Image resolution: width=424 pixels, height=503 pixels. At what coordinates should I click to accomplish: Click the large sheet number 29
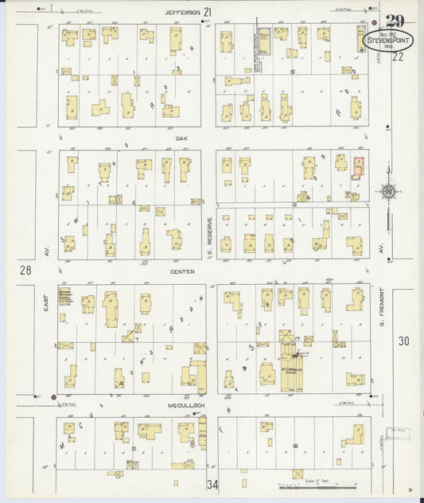394,21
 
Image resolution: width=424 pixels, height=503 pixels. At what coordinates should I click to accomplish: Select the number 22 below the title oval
398,57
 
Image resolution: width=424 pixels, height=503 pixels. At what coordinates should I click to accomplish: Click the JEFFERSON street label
182,13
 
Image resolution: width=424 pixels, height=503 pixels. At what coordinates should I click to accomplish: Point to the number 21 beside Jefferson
208,12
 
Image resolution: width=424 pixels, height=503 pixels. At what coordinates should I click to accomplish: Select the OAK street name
181,137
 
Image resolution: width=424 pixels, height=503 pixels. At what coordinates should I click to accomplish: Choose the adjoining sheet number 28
25,271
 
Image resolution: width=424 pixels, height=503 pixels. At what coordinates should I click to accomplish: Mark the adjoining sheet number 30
403,341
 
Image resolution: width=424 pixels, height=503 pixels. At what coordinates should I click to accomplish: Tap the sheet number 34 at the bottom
212,484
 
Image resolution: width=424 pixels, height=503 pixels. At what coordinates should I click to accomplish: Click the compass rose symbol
387,191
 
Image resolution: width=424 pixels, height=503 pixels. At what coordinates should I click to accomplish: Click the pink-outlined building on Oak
358,166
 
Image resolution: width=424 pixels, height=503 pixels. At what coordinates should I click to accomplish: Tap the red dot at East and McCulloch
53,396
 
